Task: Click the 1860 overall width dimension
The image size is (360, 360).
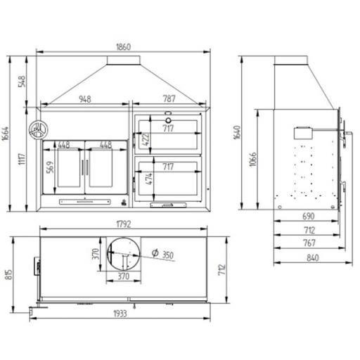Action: pyautogui.click(x=123, y=46)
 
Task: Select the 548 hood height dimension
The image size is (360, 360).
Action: pyautogui.click(x=22, y=81)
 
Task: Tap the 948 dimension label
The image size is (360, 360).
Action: pyautogui.click(x=84, y=99)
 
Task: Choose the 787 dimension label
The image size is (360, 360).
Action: pyautogui.click(x=168, y=99)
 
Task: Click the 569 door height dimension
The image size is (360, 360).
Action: pyautogui.click(x=49, y=168)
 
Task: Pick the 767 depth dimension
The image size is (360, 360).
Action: pyautogui.click(x=308, y=243)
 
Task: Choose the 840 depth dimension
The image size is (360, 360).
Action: pyautogui.click(x=313, y=257)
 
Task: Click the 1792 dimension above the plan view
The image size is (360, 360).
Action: pyautogui.click(x=124, y=226)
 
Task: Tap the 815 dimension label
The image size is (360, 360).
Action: pyautogui.click(x=8, y=274)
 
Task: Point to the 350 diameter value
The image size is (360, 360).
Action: pyautogui.click(x=168, y=255)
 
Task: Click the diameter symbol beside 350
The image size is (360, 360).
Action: pyautogui.click(x=155, y=254)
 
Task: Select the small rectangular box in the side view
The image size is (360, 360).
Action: pyautogui.click(x=304, y=132)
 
